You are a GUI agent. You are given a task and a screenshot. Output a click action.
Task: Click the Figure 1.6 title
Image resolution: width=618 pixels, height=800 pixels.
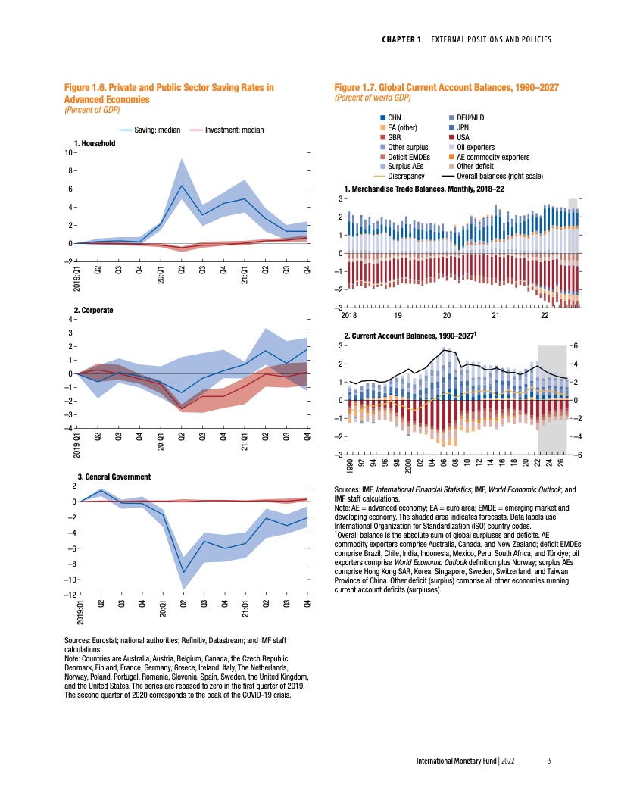point(168,93)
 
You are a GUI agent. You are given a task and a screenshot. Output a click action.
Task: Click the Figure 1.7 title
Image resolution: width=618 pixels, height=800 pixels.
point(447,88)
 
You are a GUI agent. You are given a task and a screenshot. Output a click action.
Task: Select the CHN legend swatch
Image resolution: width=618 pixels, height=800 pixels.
point(382,117)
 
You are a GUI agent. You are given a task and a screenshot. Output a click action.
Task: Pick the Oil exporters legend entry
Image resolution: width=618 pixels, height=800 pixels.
point(476,147)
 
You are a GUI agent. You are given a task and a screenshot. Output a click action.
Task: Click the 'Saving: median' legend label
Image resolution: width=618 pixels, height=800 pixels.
point(157,130)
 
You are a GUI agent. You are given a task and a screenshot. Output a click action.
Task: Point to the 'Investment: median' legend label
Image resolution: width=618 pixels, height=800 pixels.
point(237,130)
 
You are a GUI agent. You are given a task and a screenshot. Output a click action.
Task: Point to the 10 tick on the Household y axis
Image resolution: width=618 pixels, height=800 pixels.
point(67,152)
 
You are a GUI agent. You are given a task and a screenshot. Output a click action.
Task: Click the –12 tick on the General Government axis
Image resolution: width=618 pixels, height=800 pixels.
point(66,595)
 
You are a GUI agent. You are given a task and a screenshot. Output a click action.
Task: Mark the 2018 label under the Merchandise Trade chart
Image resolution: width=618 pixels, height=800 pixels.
point(349,316)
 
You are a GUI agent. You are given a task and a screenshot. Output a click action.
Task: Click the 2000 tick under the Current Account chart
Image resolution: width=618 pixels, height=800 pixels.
point(409,464)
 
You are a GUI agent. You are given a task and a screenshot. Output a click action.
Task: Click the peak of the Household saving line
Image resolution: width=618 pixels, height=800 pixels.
point(182,186)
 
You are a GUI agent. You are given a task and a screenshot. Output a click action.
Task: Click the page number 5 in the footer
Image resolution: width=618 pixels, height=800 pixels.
point(551,761)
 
